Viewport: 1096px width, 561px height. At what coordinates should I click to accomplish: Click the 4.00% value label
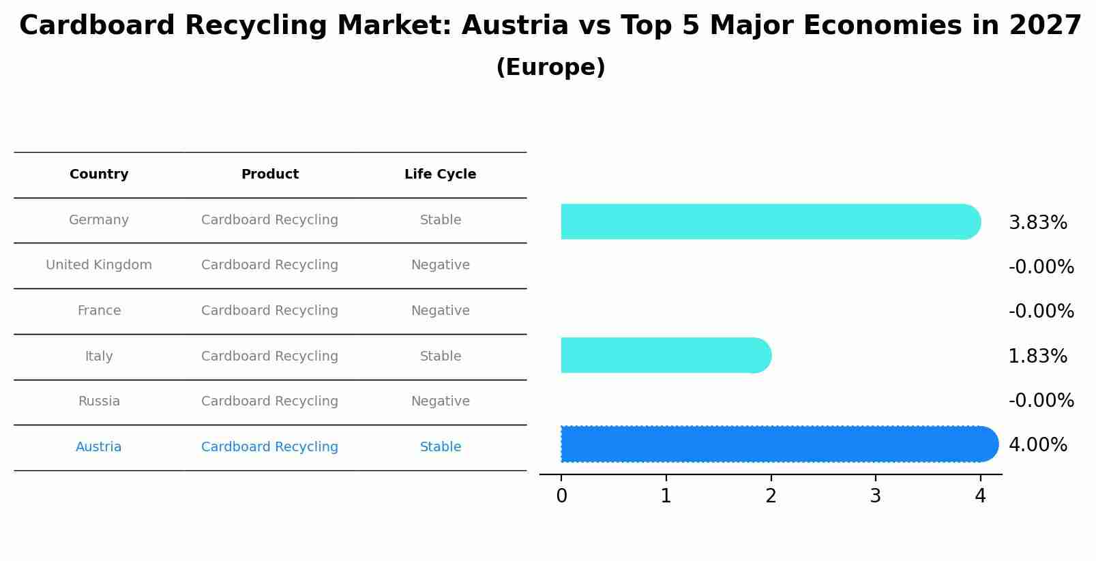[1037, 445]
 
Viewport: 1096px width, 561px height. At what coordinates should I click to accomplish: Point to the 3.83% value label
[1037, 223]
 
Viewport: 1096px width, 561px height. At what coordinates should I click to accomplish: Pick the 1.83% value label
[1037, 357]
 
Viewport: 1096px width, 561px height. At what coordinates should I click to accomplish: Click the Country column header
[99, 175]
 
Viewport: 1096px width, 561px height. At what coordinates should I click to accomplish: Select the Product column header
[269, 175]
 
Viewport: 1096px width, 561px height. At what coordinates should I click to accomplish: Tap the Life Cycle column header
[440, 175]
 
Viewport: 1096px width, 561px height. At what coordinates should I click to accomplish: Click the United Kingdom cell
[99, 265]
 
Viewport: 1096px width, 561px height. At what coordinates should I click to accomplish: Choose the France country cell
[99, 311]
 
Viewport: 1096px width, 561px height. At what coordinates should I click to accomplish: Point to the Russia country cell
[99, 401]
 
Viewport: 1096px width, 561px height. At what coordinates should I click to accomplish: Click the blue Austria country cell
[99, 447]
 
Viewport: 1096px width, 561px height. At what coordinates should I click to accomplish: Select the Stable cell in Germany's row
[440, 220]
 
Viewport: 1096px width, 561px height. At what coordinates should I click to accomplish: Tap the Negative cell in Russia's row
[440, 401]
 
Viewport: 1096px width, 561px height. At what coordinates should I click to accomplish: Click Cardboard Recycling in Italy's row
[269, 357]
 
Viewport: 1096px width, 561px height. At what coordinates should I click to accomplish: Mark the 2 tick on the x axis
[771, 496]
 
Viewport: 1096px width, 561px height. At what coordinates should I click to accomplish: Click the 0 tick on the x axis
[561, 496]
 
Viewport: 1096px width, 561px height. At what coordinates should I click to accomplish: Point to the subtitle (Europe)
[550, 67]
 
